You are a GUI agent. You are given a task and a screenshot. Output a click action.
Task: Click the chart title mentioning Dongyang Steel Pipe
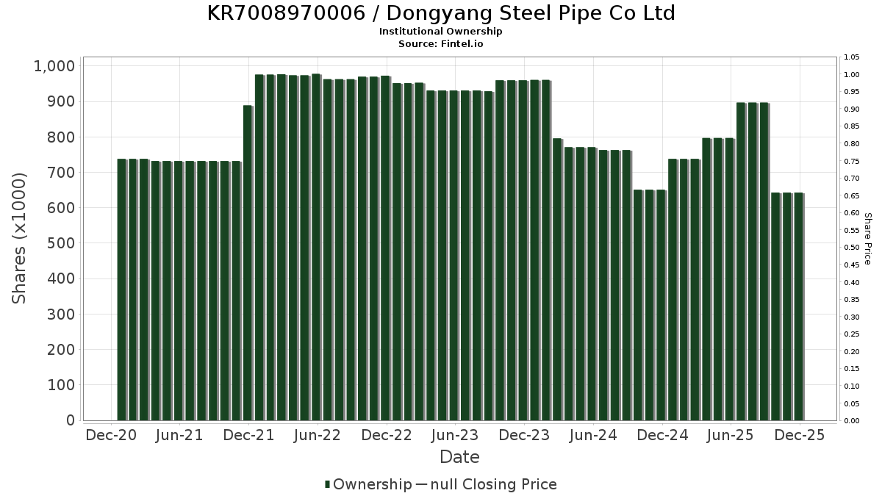pyautogui.click(x=441, y=13)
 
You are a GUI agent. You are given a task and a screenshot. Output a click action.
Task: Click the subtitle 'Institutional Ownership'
pyautogui.click(x=441, y=32)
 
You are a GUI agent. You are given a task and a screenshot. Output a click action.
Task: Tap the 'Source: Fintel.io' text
pyautogui.click(x=441, y=43)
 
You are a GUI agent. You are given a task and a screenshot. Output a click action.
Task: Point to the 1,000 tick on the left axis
pyautogui.click(x=54, y=66)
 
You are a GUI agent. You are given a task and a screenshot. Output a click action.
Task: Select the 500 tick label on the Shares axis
pyautogui.click(x=61, y=243)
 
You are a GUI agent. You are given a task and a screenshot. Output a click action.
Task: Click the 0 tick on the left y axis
pyautogui.click(x=71, y=420)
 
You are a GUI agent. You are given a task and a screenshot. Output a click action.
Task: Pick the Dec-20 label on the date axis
pyautogui.click(x=111, y=435)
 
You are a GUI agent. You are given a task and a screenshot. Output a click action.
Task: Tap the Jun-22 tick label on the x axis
pyautogui.click(x=317, y=435)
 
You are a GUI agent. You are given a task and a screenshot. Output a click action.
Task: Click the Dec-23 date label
pyautogui.click(x=524, y=435)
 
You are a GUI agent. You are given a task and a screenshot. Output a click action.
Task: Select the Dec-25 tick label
pyautogui.click(x=800, y=435)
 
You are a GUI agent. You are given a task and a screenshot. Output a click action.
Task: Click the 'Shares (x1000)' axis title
pyautogui.click(x=20, y=238)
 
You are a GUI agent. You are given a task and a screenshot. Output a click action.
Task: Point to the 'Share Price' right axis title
pyautogui.click(x=867, y=238)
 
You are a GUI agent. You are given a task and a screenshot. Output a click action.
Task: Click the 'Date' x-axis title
pyautogui.click(x=459, y=457)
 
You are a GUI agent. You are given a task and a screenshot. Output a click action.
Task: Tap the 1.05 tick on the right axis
pyautogui.click(x=852, y=57)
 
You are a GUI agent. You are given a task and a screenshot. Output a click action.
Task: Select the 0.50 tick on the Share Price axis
pyautogui.click(x=852, y=248)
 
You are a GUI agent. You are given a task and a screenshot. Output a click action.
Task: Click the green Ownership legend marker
pyautogui.click(x=327, y=484)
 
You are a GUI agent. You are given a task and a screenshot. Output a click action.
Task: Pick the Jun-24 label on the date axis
pyautogui.click(x=593, y=435)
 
